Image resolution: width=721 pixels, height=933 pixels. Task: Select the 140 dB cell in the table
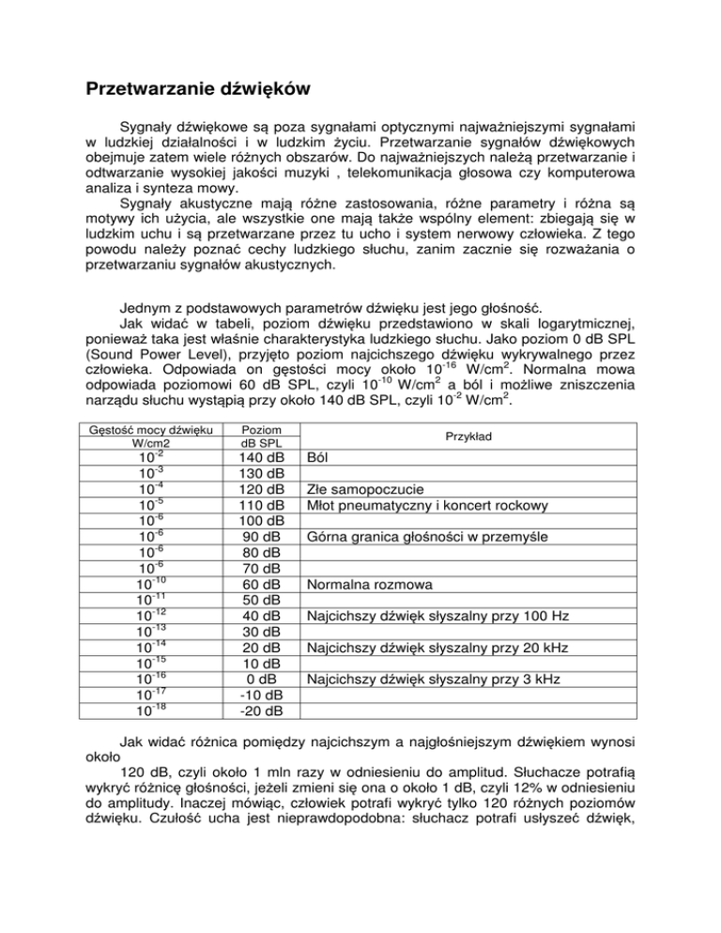256,457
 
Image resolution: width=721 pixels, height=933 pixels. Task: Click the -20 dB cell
256,711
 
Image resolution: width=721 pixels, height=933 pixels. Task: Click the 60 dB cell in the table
256,585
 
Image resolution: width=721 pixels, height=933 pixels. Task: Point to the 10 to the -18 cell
144,711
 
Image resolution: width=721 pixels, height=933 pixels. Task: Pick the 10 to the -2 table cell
144,457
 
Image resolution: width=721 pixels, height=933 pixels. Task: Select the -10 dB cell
256,696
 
